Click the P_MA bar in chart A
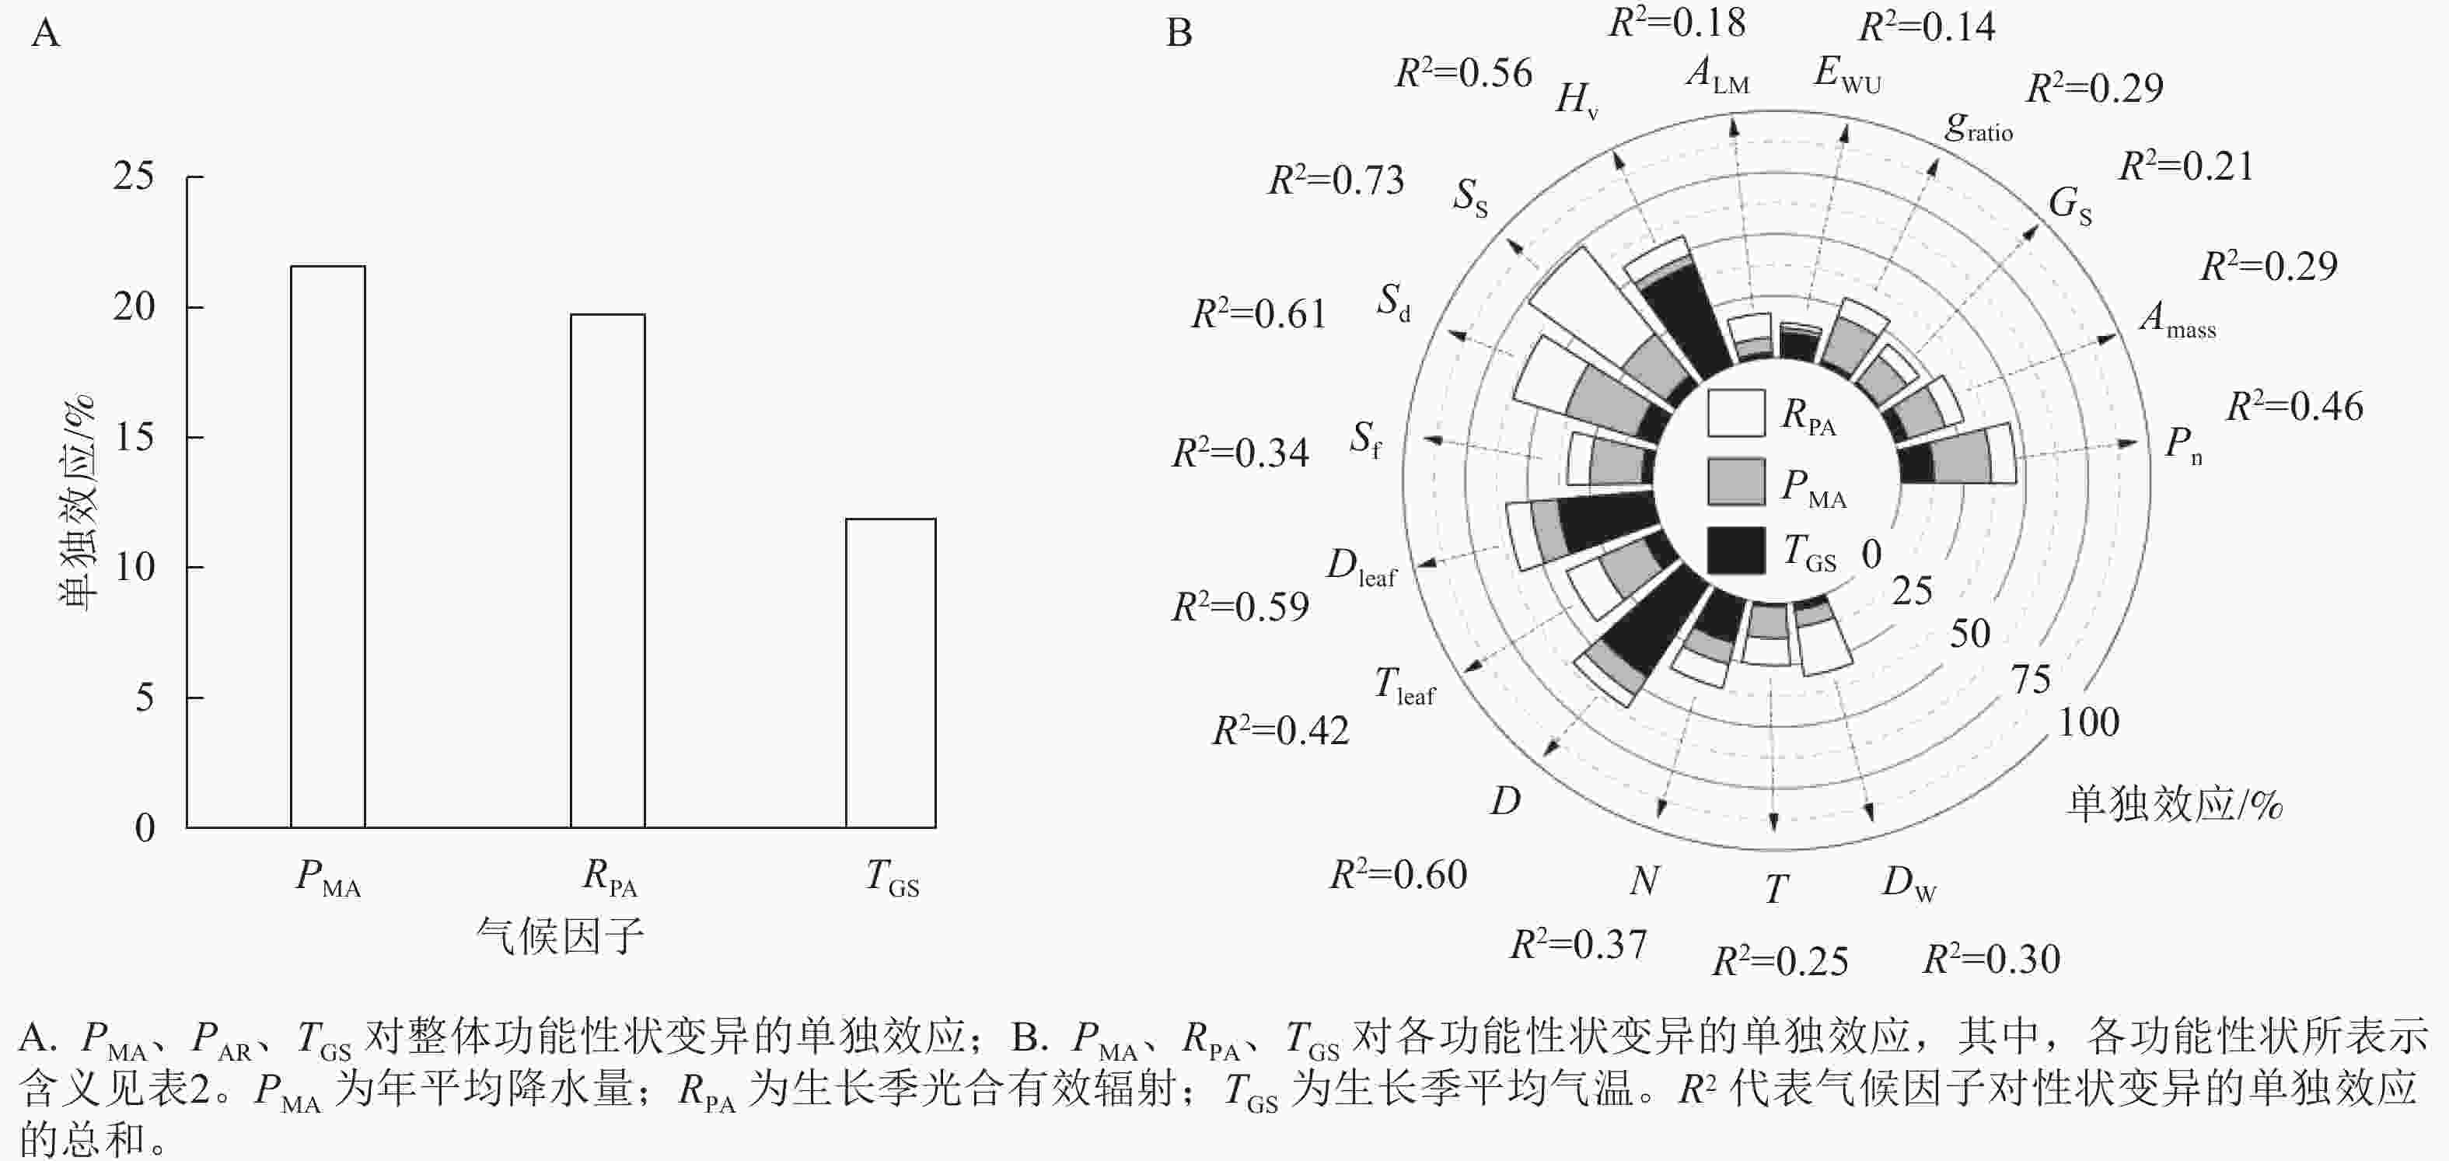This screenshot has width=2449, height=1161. [328, 547]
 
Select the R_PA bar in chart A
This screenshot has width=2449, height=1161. [607, 571]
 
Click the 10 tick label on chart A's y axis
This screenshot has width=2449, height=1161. [134, 568]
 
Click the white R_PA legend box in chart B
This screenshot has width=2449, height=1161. [1736, 414]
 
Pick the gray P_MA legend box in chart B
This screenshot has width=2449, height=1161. [1736, 482]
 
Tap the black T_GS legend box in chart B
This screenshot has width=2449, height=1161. [1736, 551]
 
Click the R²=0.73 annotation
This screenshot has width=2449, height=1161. [1336, 180]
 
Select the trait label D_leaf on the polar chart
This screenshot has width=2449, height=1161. [1361, 568]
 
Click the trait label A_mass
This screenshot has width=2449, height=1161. [2177, 319]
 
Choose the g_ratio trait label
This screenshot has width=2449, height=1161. [1979, 127]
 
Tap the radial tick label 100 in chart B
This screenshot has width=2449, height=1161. [2089, 722]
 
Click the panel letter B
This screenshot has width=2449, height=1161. [1179, 33]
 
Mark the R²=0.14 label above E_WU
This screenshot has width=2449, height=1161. [1926, 26]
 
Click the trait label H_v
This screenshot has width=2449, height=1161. [1576, 99]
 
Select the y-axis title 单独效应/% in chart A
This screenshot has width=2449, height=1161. [76, 501]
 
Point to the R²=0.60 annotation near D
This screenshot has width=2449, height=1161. [1398, 874]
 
